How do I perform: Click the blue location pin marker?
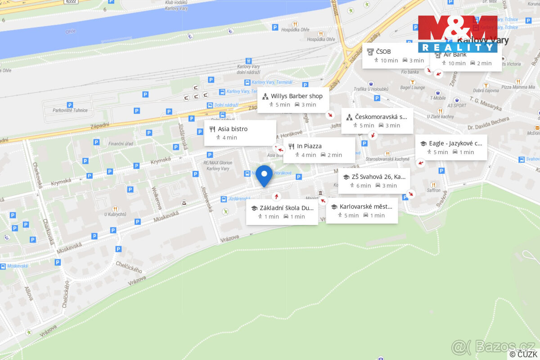tap(264, 175)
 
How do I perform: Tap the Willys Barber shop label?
tap(297, 96)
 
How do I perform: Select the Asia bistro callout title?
tap(233, 129)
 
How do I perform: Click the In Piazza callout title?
tap(309, 146)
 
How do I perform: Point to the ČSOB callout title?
tap(383, 51)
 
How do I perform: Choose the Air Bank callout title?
tap(455, 54)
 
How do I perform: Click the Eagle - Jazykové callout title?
tap(455, 143)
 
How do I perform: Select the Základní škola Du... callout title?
tap(286, 208)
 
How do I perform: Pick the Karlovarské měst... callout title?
tap(366, 207)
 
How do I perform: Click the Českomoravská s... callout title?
tap(381, 117)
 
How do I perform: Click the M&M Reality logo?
tap(458, 34)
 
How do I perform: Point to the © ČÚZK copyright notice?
tap(523, 355)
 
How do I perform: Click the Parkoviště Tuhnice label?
tap(70, 110)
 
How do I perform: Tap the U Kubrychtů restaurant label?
tap(115, 215)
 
